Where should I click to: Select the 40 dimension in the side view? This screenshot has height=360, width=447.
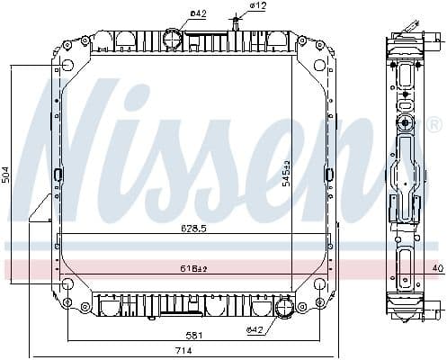437,268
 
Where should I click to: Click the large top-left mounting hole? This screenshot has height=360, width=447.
67,65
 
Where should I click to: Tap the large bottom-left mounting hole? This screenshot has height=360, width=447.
67,285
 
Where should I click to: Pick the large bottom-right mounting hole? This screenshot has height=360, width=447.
319,285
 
